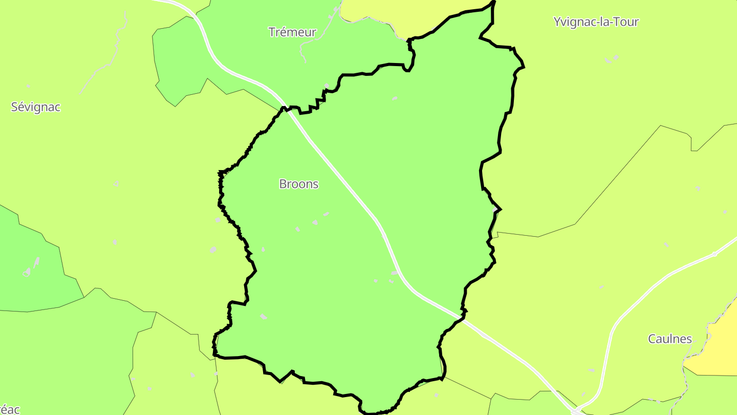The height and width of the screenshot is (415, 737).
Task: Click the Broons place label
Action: [299, 184]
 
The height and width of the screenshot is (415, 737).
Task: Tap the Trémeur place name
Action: [292, 32]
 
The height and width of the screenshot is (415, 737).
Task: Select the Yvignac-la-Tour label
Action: [596, 22]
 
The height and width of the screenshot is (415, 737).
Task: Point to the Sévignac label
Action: [36, 107]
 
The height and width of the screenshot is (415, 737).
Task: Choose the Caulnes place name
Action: [670, 339]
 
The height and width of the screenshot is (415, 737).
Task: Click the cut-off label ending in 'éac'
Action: [9, 409]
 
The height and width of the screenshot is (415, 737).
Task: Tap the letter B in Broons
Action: [283, 184]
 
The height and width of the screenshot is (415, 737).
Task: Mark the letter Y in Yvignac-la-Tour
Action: [557, 22]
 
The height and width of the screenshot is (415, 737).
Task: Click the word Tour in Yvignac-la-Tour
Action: [628, 22]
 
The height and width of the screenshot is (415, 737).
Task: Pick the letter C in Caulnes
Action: [652, 339]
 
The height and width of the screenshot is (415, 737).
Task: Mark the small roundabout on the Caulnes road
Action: [714, 254]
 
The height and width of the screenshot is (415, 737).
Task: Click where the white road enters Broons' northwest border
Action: [285, 109]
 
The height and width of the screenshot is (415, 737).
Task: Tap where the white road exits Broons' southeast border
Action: [462, 319]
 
